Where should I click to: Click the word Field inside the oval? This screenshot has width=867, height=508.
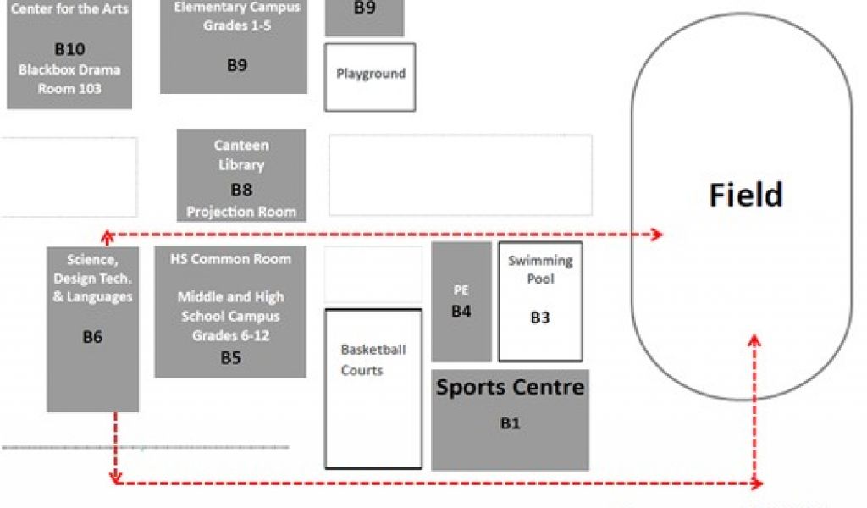746,195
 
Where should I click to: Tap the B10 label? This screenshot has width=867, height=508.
69,49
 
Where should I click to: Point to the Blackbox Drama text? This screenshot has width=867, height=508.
69,69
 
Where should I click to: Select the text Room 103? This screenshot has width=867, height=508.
69,88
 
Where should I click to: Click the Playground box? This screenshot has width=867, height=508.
370,77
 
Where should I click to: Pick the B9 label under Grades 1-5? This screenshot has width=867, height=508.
237,65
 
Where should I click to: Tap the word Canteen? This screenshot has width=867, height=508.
241,146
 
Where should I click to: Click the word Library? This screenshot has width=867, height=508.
241,165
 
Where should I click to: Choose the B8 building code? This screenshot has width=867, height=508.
241,190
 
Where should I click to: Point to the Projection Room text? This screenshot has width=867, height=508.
241,212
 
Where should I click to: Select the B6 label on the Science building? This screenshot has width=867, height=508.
92,337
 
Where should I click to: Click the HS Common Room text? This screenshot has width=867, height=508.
230,259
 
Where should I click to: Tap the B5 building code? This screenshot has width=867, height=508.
230,357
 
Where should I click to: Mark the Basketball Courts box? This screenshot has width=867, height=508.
373,389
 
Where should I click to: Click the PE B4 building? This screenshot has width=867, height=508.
461,301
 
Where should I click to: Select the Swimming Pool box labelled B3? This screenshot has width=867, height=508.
540,301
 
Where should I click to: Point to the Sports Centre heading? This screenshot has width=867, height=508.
510,387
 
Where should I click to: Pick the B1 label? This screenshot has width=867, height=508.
510,423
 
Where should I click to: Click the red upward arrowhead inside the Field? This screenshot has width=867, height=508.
754,340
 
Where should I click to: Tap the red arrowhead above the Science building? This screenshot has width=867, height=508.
108,237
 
